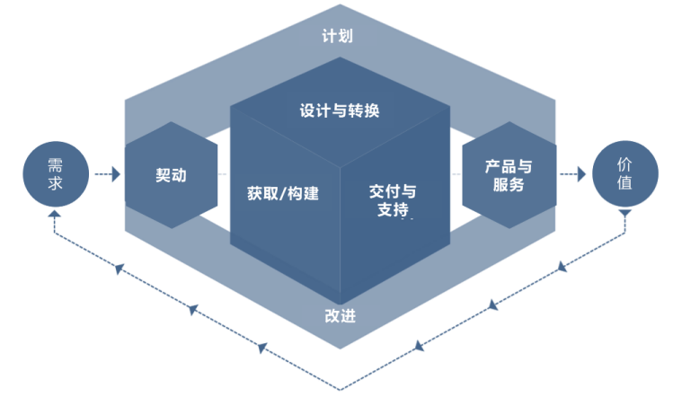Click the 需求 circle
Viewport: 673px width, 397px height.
click(x=56, y=174)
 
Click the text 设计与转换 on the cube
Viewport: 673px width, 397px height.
click(x=340, y=111)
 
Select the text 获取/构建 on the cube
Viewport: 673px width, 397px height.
click(x=283, y=192)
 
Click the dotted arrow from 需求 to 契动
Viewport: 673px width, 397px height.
click(x=106, y=174)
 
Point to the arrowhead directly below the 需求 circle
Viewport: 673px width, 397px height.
click(x=56, y=216)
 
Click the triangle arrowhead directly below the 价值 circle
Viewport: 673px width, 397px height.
click(x=624, y=214)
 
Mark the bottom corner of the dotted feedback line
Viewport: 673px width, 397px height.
click(x=340, y=389)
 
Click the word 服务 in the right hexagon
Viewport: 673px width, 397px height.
click(x=509, y=185)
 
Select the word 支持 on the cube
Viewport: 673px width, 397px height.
click(x=393, y=211)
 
